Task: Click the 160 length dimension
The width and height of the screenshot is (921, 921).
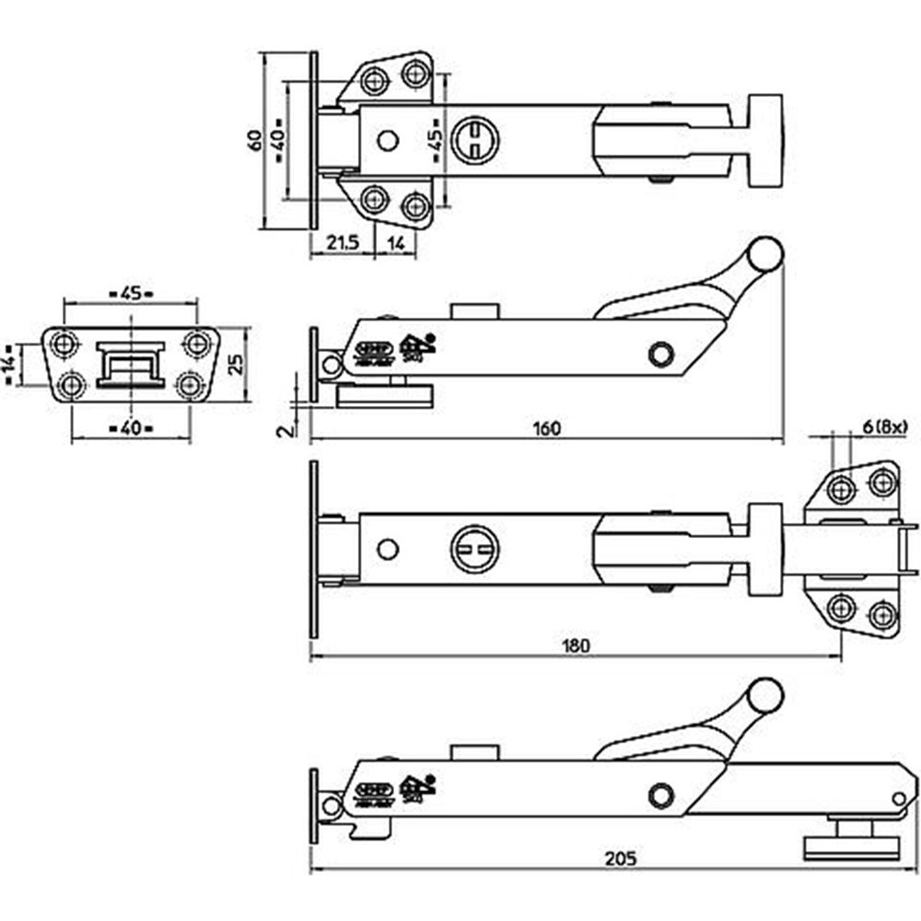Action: click(x=546, y=428)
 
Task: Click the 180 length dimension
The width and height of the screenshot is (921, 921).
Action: click(x=574, y=646)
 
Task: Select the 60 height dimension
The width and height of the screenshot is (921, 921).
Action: click(x=252, y=140)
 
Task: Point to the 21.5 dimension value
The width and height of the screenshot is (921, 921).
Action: click(x=343, y=243)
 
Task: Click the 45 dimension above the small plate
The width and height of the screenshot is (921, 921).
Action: click(x=131, y=294)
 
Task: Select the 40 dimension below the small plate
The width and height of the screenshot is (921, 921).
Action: click(x=130, y=428)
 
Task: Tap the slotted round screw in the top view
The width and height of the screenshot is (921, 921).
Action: click(x=474, y=139)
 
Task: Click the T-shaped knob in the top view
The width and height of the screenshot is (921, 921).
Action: click(x=764, y=140)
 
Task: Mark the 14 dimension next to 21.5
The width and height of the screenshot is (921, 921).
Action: click(x=395, y=243)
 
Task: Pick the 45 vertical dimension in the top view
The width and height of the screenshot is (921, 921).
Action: click(x=435, y=140)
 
